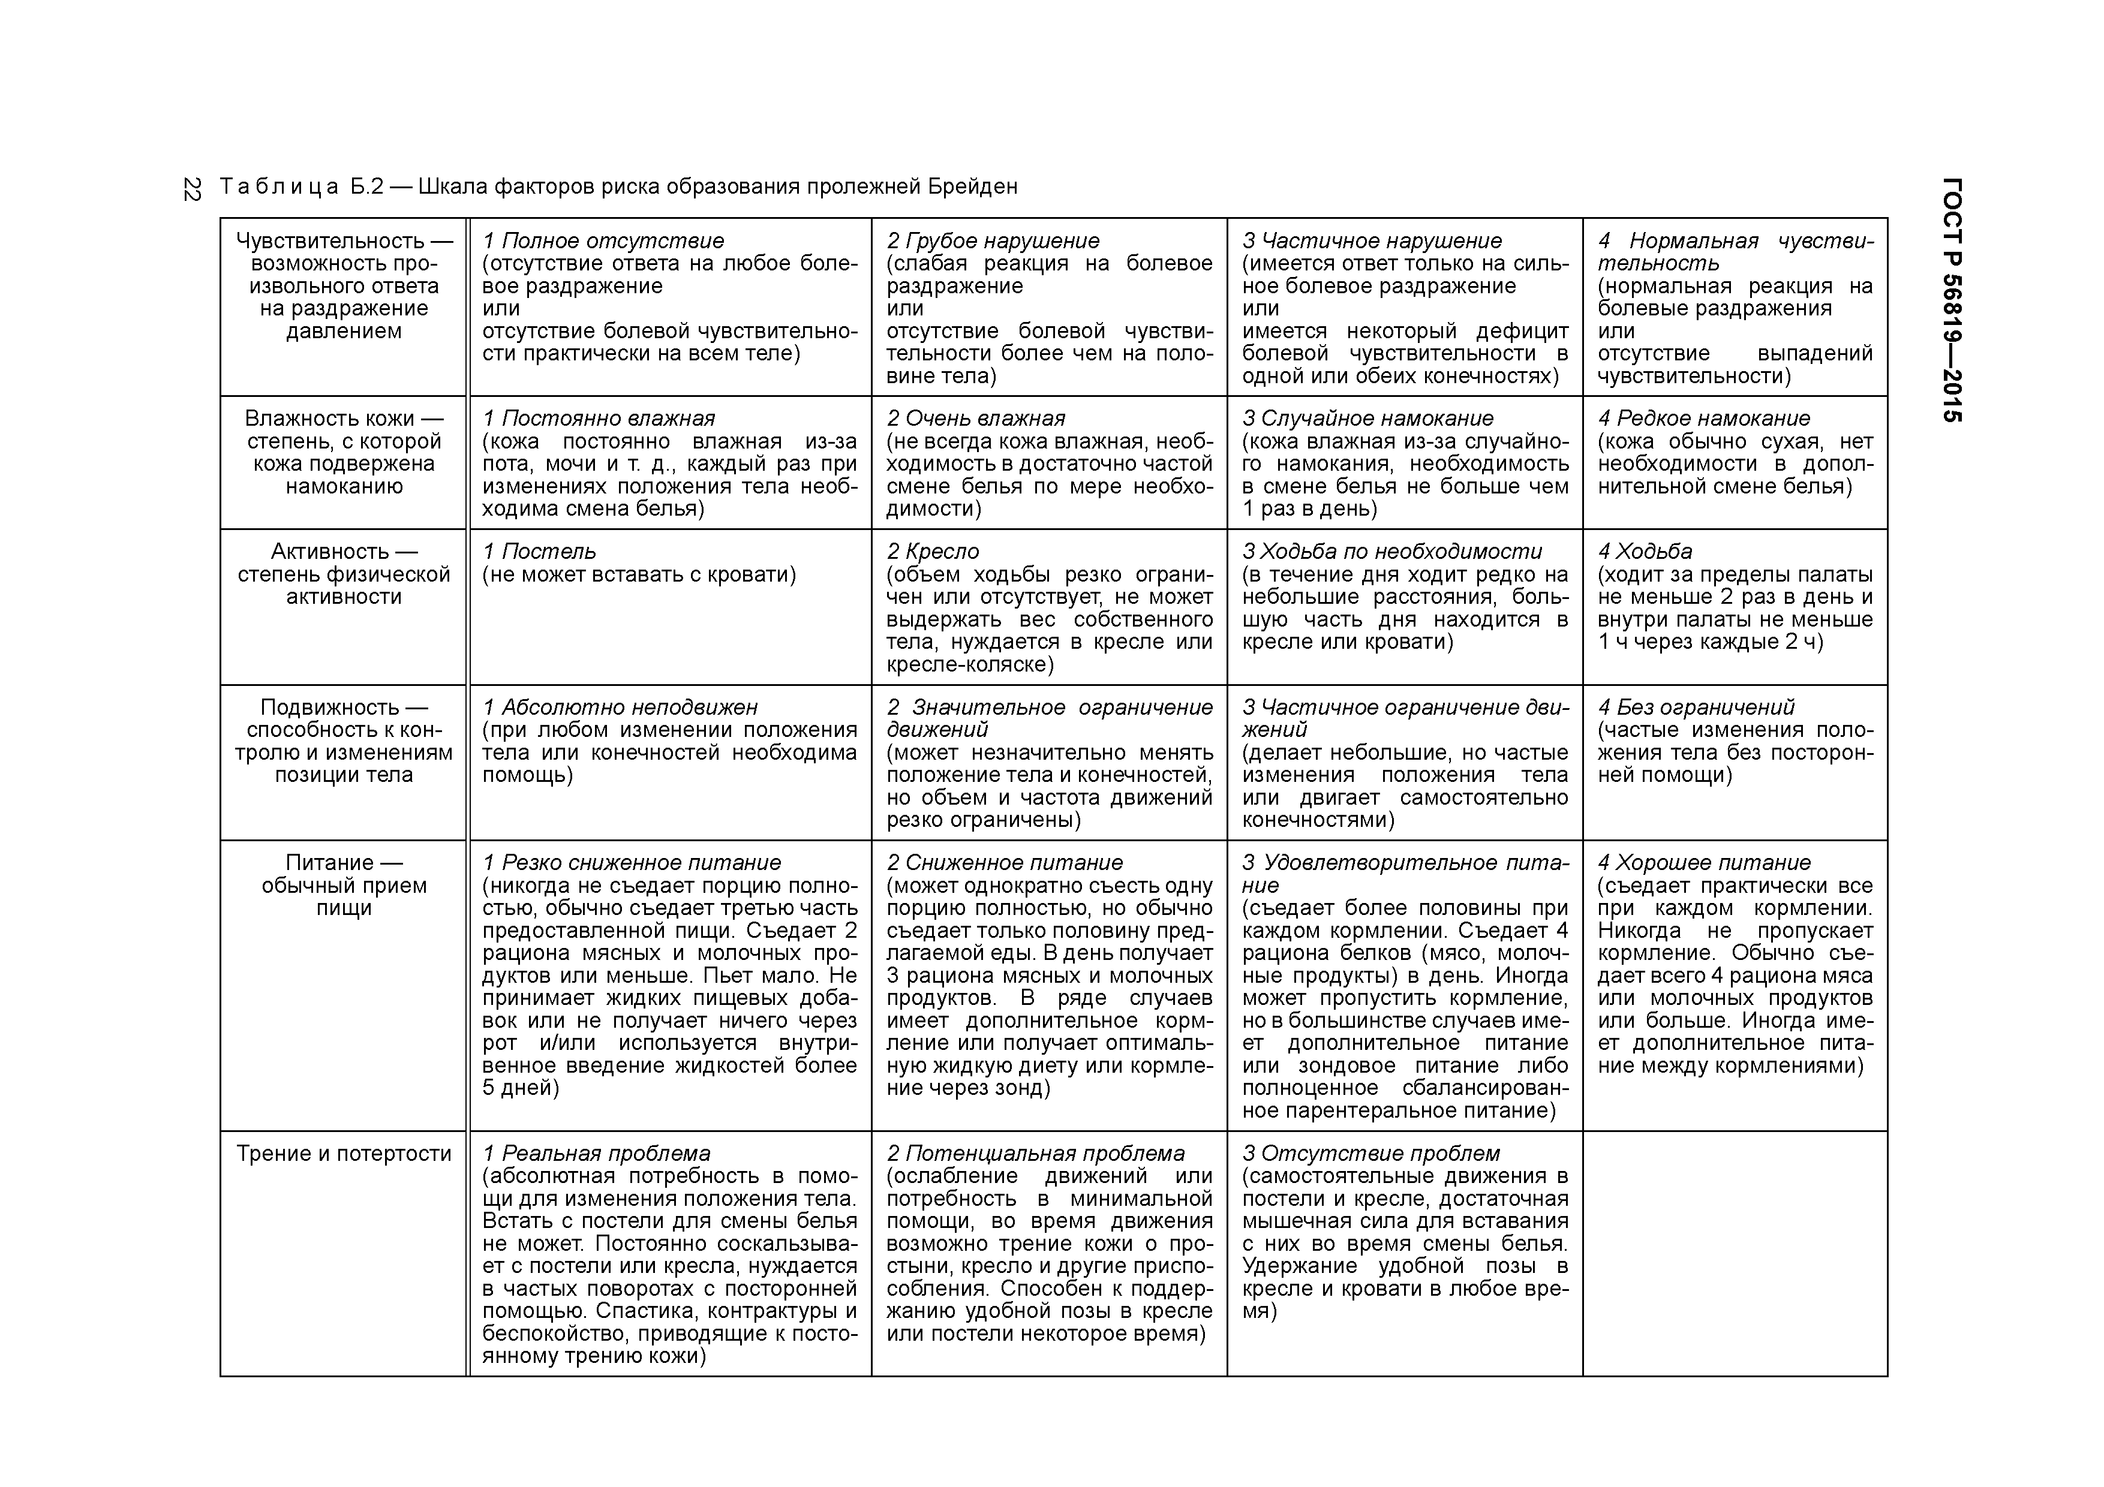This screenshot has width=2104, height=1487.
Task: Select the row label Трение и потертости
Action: point(344,1154)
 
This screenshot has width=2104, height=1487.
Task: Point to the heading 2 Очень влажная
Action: point(976,419)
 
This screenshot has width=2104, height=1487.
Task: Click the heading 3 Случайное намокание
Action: point(1367,419)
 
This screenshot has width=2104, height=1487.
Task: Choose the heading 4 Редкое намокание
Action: point(1703,419)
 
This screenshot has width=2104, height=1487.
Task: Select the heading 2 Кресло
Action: point(933,552)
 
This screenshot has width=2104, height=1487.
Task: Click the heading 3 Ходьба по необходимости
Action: point(1392,552)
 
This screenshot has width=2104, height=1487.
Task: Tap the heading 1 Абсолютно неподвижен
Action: point(620,708)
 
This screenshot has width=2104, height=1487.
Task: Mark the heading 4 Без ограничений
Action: point(1696,708)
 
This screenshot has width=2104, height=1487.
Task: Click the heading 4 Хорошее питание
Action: point(1703,863)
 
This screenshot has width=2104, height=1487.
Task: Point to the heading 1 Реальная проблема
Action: point(597,1154)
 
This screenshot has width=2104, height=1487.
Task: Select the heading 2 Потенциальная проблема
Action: point(1035,1154)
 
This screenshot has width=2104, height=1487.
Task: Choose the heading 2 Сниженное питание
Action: point(1005,863)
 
